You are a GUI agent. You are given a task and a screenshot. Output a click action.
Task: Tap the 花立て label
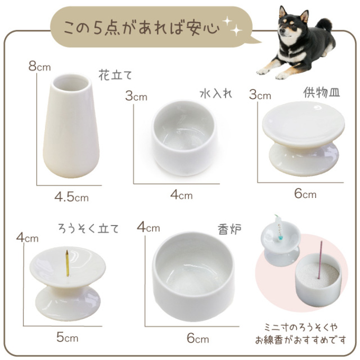coord(118,74)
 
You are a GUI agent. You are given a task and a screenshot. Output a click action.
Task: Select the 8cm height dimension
coord(39,66)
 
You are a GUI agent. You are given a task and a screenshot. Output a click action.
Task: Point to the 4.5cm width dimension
coord(71,197)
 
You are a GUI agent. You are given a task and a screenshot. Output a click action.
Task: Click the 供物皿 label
coord(318,92)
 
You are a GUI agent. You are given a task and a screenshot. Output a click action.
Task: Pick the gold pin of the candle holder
coord(65,264)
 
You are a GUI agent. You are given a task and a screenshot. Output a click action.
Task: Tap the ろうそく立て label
coord(88,228)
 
